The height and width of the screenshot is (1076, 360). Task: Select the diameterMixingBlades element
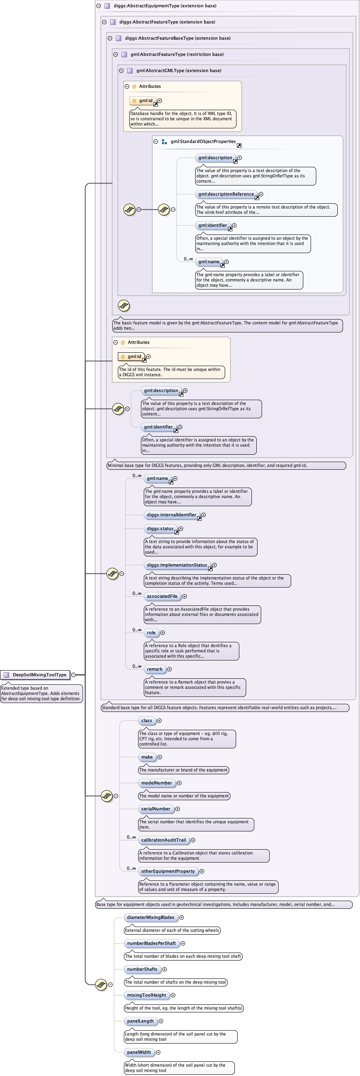point(151,917)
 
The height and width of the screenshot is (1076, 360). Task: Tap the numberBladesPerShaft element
point(151,943)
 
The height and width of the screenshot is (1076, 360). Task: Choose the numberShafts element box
point(142,969)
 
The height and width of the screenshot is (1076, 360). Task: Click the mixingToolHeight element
point(147,995)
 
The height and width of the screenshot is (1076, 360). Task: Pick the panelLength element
point(141,1021)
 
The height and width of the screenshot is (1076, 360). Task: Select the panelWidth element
point(139,1052)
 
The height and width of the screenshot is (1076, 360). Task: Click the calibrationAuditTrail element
point(163,840)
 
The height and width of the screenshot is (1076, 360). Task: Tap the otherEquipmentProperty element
point(168,871)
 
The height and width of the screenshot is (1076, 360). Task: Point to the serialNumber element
point(156,809)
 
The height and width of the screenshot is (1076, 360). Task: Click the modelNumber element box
point(157,783)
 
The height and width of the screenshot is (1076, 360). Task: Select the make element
point(147,757)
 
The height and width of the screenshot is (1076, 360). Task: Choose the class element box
point(147,720)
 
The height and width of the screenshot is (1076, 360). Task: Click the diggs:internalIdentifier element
point(171,515)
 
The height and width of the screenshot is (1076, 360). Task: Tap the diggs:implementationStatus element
point(177,565)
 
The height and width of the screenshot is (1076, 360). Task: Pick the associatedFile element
point(162,596)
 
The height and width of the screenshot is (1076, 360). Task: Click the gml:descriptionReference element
point(226,194)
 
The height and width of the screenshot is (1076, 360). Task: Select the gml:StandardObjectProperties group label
point(203,142)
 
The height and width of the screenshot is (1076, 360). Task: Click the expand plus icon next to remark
point(169,669)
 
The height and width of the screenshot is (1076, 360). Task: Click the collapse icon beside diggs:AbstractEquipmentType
point(98,6)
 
